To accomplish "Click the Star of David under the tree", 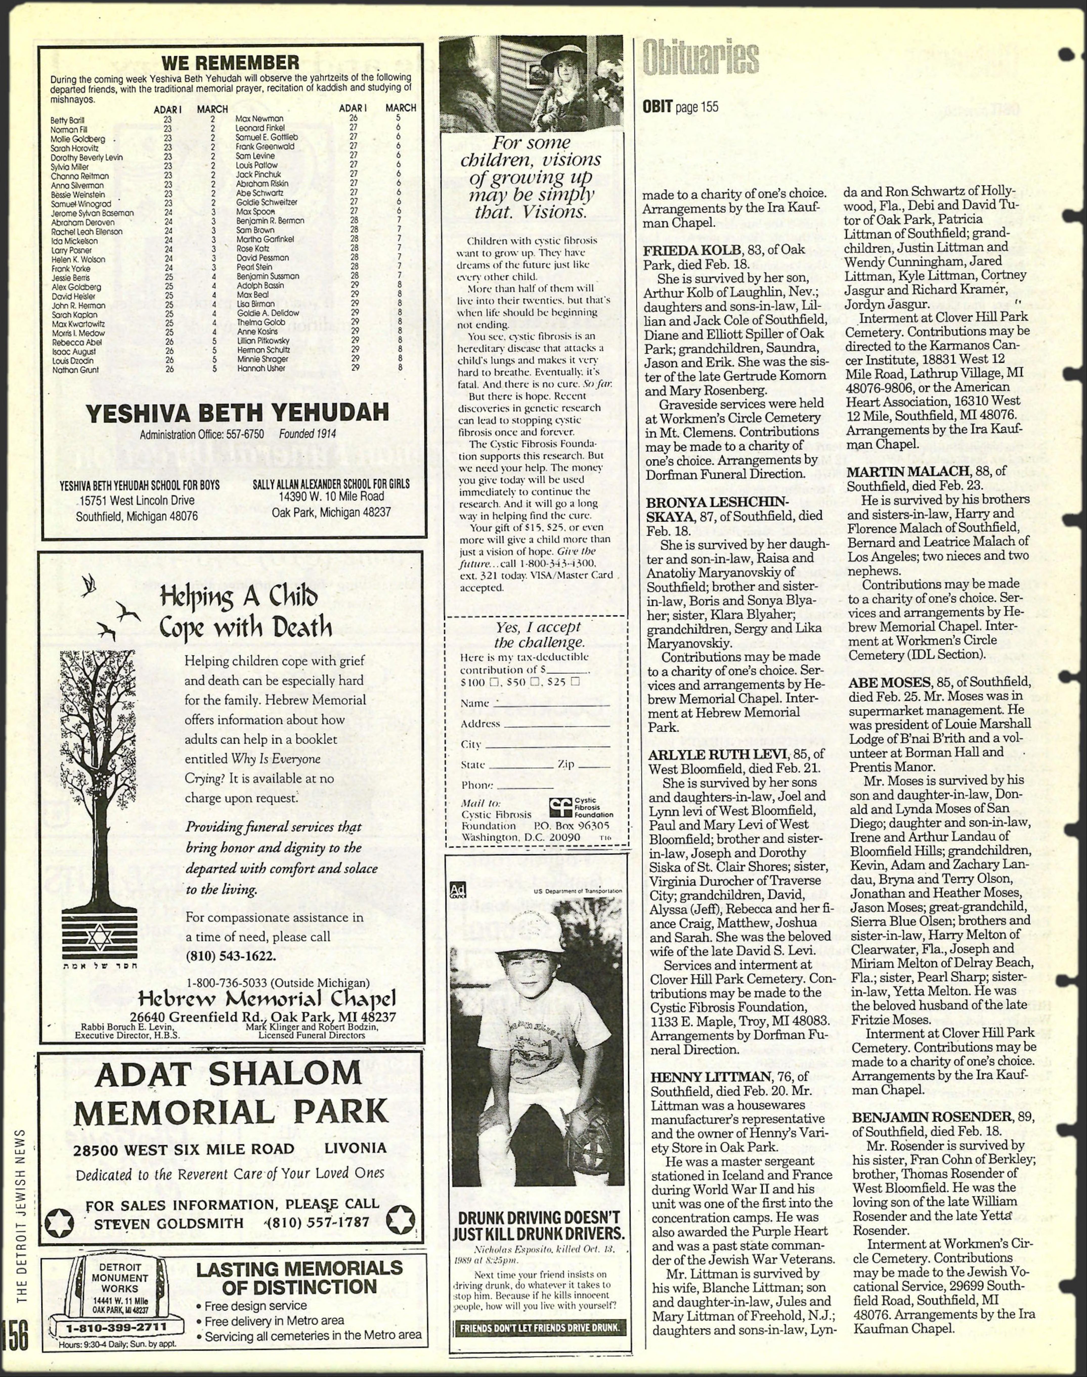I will (99, 937).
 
